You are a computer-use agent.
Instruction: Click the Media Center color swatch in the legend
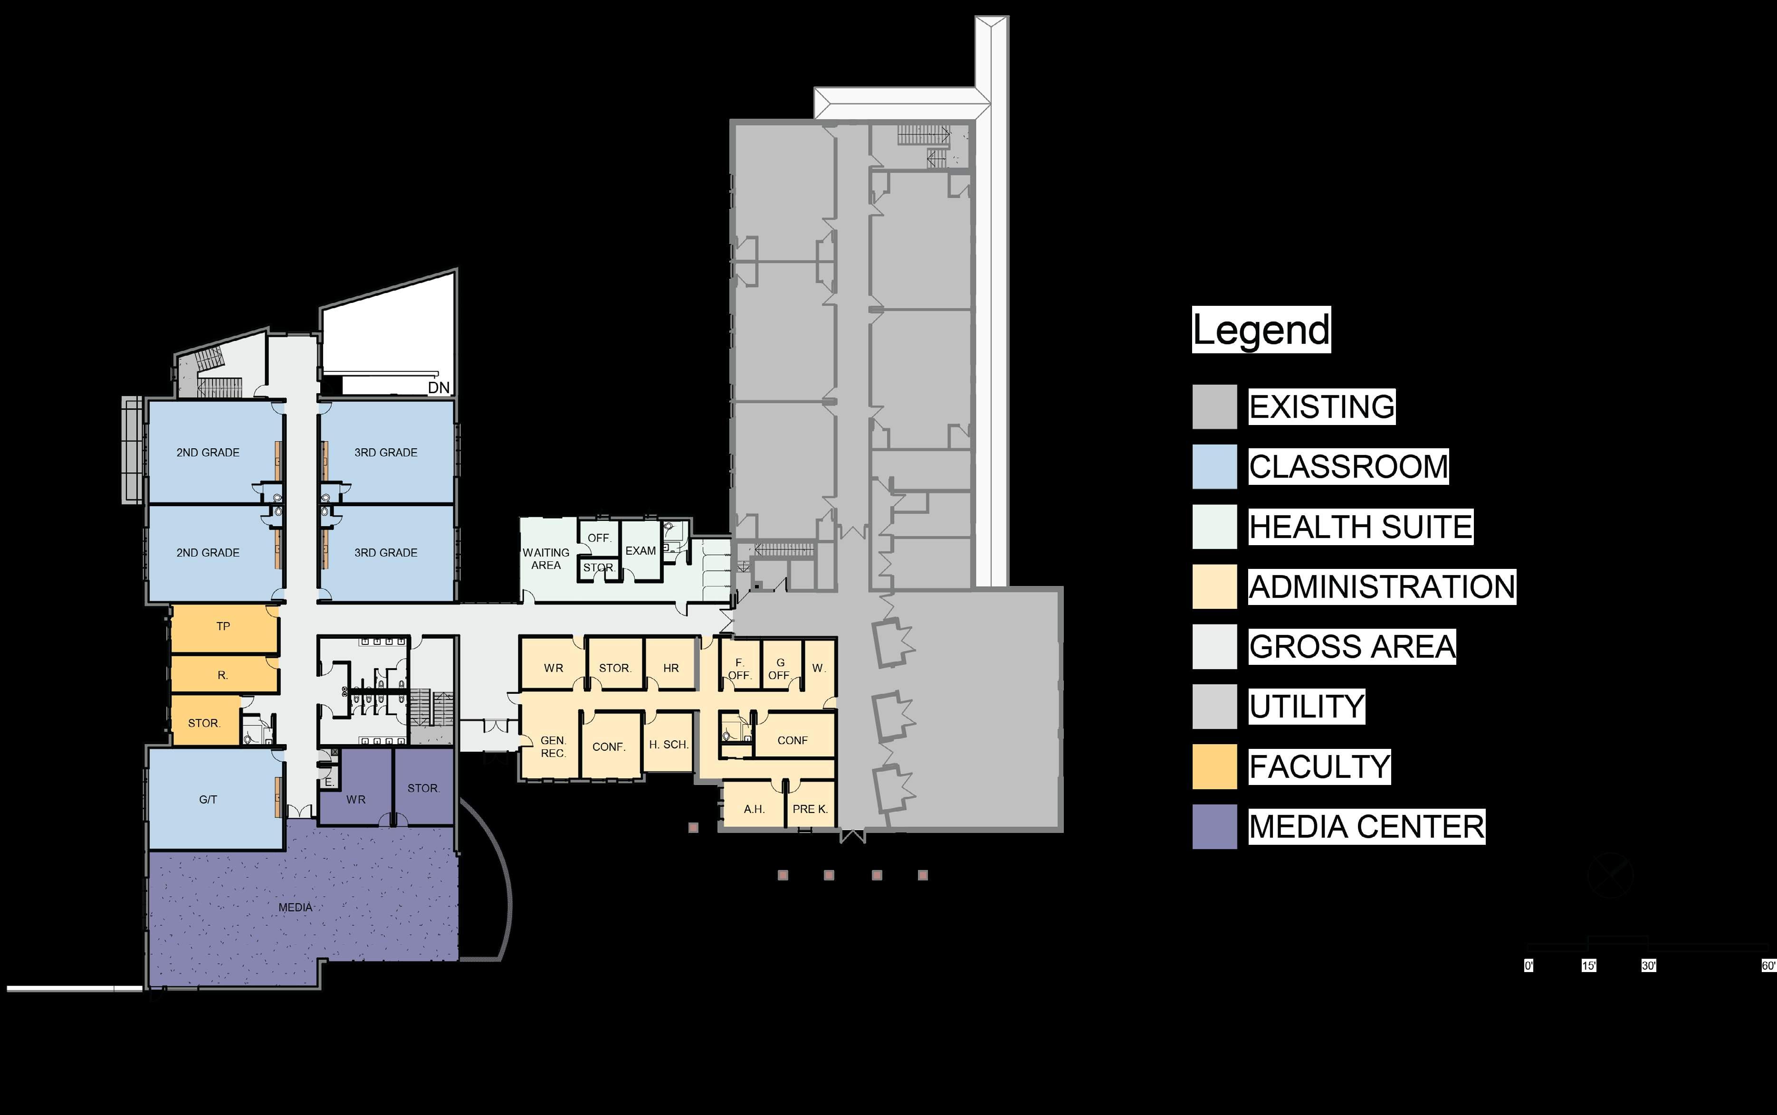pyautogui.click(x=1214, y=827)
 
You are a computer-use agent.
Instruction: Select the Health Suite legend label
pyautogui.click(x=1360, y=527)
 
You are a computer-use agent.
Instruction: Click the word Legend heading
pyautogui.click(x=1261, y=330)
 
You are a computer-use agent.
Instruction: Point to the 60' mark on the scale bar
pyautogui.click(x=1768, y=965)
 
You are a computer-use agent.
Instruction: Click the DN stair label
pyautogui.click(x=438, y=387)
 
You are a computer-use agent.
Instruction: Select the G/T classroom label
pyautogui.click(x=208, y=799)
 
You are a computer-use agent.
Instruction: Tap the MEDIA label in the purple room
pyautogui.click(x=295, y=907)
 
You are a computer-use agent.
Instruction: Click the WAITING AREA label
pyautogui.click(x=546, y=559)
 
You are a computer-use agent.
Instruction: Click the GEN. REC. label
pyautogui.click(x=553, y=746)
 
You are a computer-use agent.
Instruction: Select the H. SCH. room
pyautogui.click(x=669, y=745)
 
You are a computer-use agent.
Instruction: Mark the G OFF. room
pyautogui.click(x=780, y=669)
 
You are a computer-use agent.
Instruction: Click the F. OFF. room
pyautogui.click(x=739, y=669)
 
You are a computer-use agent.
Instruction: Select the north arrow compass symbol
pyautogui.click(x=1610, y=875)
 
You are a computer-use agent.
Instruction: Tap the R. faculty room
pyautogui.click(x=223, y=675)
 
